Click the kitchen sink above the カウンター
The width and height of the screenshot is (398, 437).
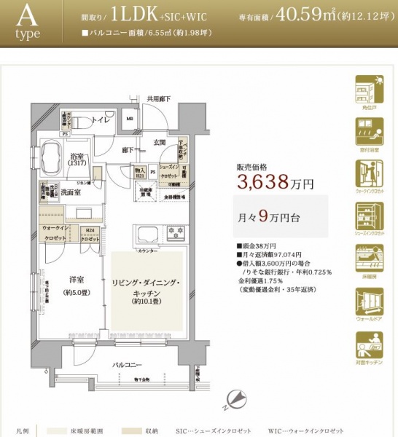pyautogui.click(x=147, y=235)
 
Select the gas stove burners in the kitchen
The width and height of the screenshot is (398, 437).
pyautogui.click(x=176, y=235)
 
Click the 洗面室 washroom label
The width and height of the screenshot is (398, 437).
pyautogui.click(x=71, y=192)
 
